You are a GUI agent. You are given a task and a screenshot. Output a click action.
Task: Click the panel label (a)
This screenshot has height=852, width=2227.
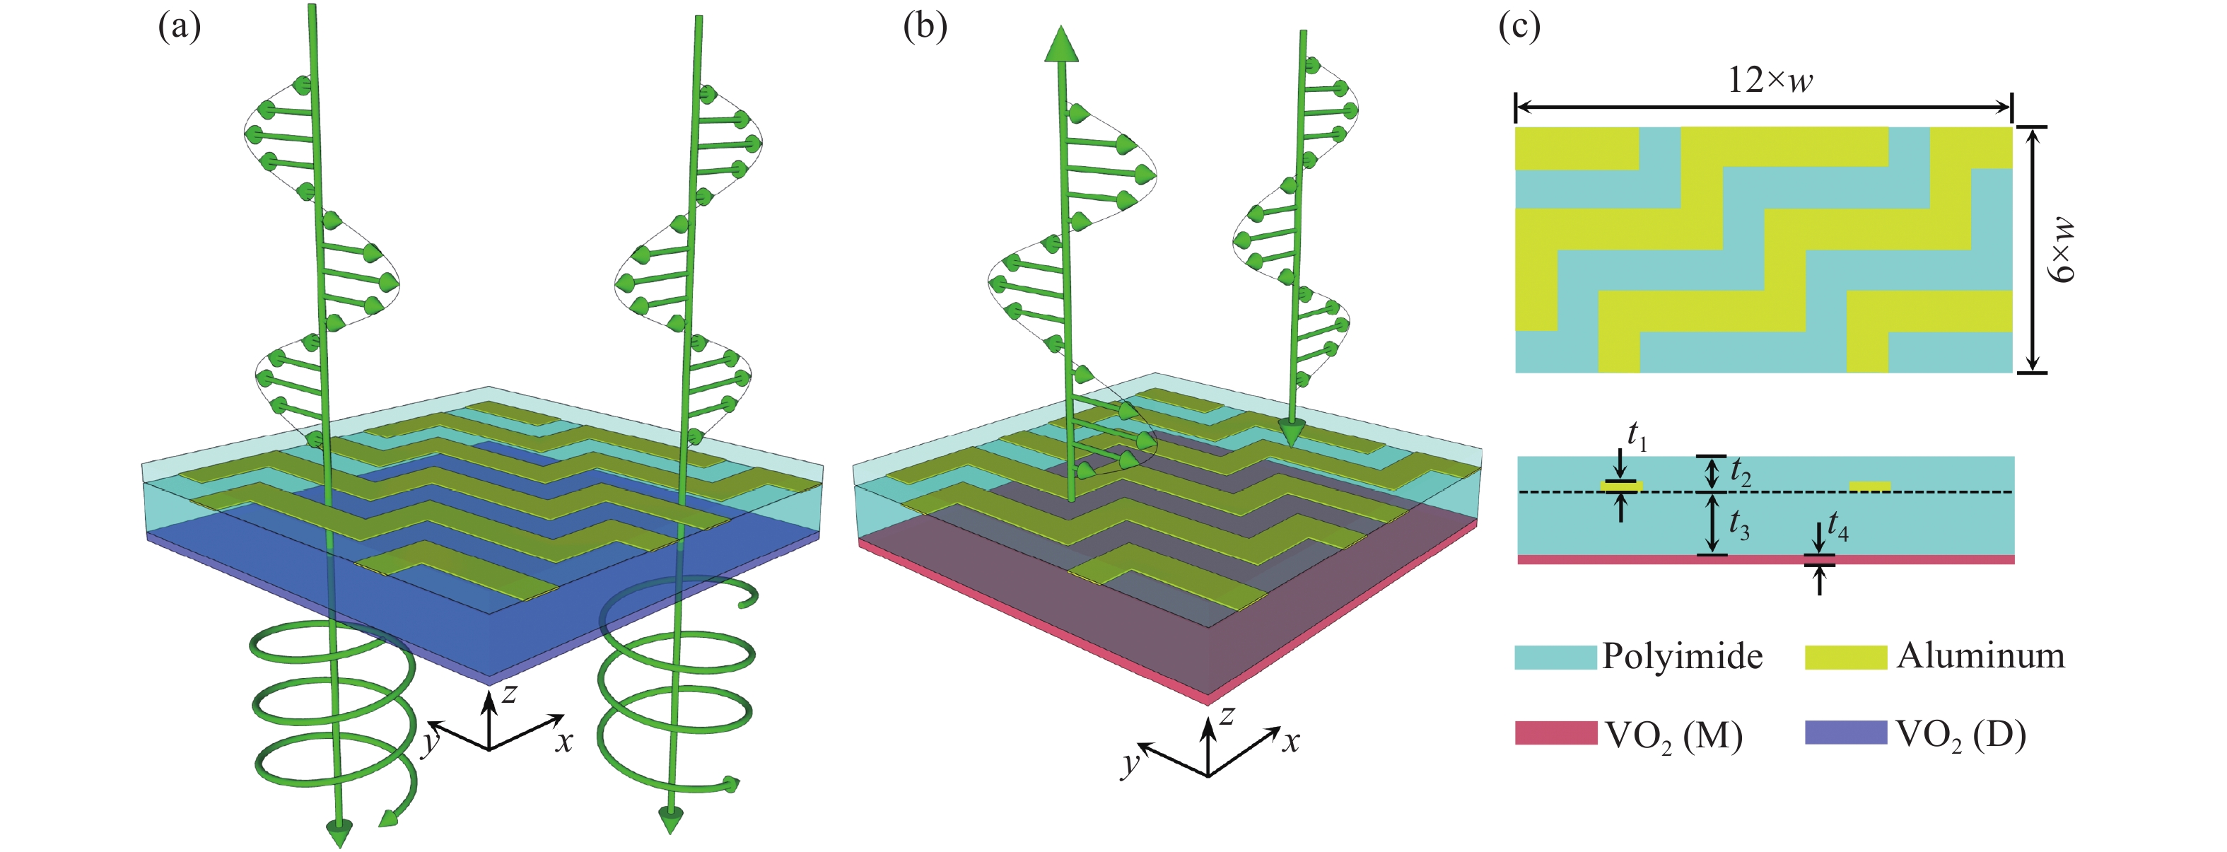pyautogui.click(x=179, y=28)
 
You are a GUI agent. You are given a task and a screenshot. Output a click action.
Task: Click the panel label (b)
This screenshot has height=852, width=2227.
pyautogui.click(x=924, y=28)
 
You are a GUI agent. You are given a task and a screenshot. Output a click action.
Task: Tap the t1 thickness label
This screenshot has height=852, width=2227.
pyautogui.click(x=1637, y=436)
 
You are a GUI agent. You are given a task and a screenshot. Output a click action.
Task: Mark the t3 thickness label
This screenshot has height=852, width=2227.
pyautogui.click(x=1738, y=524)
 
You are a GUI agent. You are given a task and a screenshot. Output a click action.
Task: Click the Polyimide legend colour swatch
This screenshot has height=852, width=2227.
pyautogui.click(x=1555, y=657)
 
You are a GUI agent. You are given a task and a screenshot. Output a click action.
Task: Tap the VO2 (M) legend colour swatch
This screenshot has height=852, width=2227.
pyautogui.click(x=1555, y=733)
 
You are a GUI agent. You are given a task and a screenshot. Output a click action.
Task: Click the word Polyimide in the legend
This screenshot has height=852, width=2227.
pyautogui.click(x=1681, y=657)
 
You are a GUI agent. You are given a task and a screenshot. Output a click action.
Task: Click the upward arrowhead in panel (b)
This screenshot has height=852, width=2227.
pyautogui.click(x=1060, y=45)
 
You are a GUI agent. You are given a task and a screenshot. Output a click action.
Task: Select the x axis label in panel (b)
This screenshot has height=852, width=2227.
pyautogui.click(x=1290, y=741)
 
